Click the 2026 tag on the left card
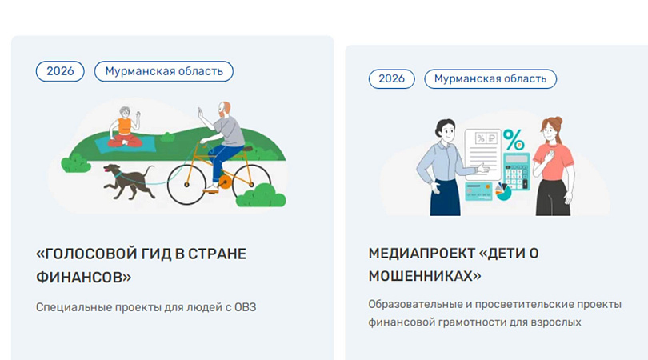click(60, 71)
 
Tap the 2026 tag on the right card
click(391, 78)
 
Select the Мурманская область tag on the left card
click(164, 71)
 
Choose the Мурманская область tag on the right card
click(490, 78)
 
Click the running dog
click(128, 181)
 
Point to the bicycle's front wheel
click(186, 185)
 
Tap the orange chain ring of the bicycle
click(225, 182)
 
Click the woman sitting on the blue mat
click(126, 127)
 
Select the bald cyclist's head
click(225, 109)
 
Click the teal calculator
click(516, 171)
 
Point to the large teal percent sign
click(514, 139)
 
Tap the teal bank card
click(478, 191)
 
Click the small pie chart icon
click(503, 192)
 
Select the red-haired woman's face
click(550, 132)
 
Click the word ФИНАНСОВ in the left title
click(83, 277)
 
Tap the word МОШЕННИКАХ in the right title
click(425, 276)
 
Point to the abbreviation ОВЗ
click(245, 307)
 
